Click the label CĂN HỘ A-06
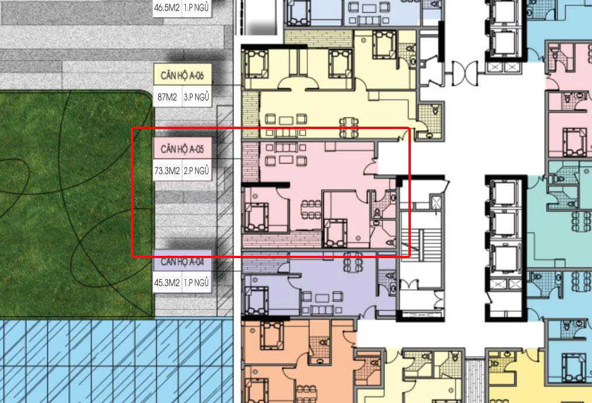[182, 75]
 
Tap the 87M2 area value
[167, 97]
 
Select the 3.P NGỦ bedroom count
[196, 97]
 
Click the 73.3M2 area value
[167, 172]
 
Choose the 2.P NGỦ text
[196, 172]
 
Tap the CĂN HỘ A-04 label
[182, 261]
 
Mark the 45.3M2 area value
[167, 283]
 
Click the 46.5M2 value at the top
[167, 8]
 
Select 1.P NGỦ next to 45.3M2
[196, 283]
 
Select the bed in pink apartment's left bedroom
[257, 217]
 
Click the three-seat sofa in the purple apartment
[323, 310]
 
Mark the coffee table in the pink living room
[286, 159]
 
